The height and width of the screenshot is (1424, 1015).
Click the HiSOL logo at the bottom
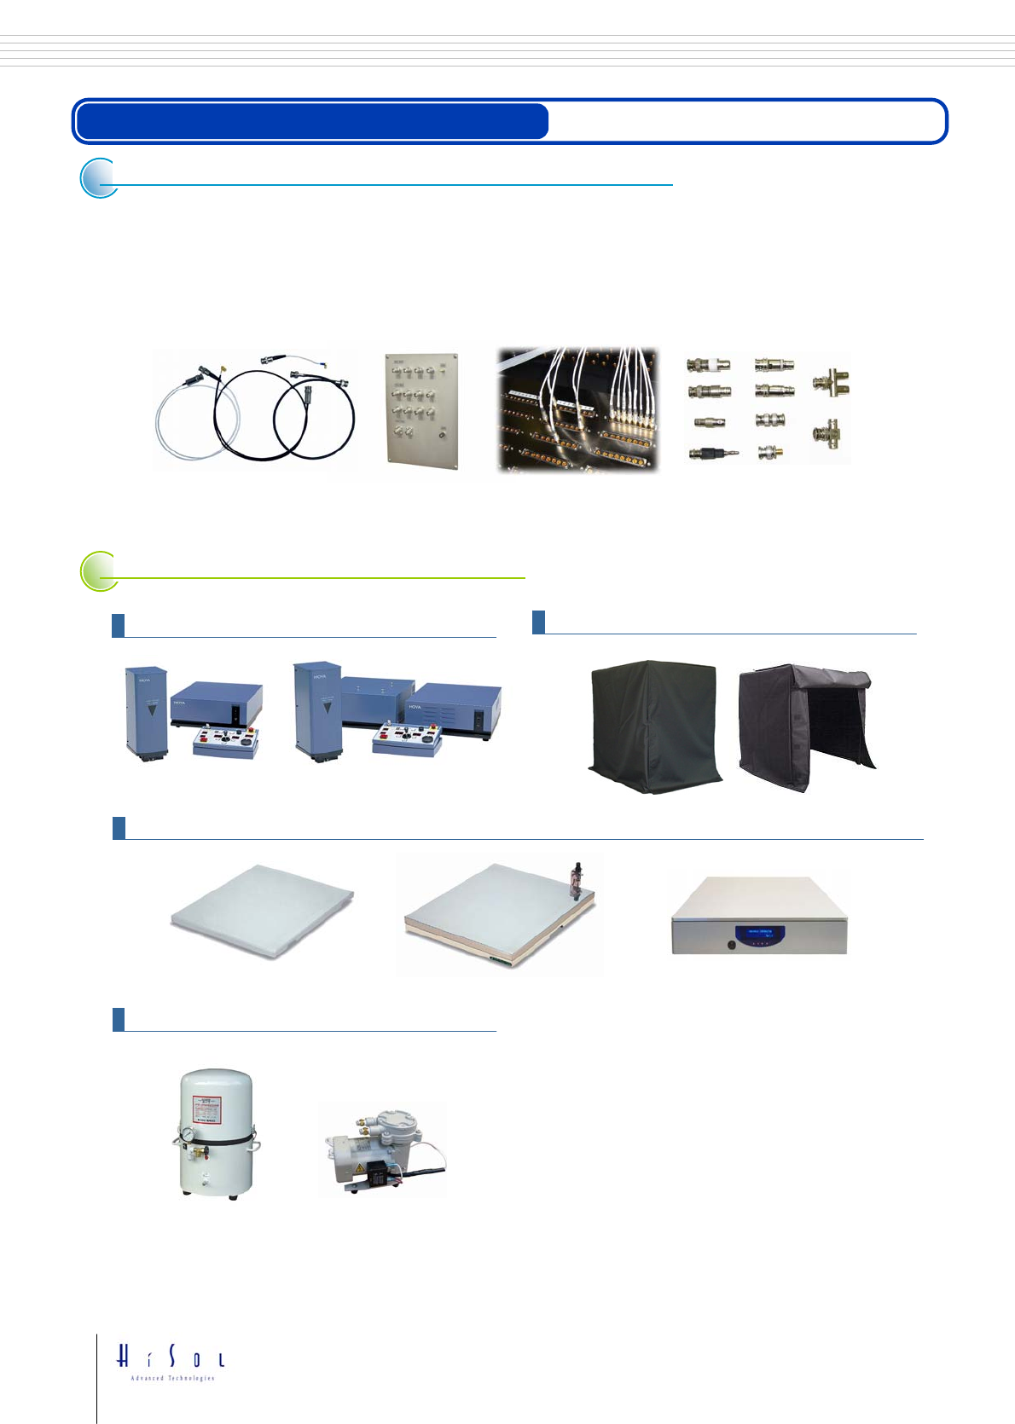tap(171, 1360)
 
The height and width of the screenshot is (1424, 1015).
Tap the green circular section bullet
tap(99, 571)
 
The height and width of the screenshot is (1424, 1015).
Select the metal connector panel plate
tap(421, 409)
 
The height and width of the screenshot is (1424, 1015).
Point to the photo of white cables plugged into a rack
tap(578, 409)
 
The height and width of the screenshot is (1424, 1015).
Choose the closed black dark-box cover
tap(654, 726)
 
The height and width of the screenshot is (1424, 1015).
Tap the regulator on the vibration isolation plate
tap(576, 877)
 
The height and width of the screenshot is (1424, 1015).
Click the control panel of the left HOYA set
tap(226, 741)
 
